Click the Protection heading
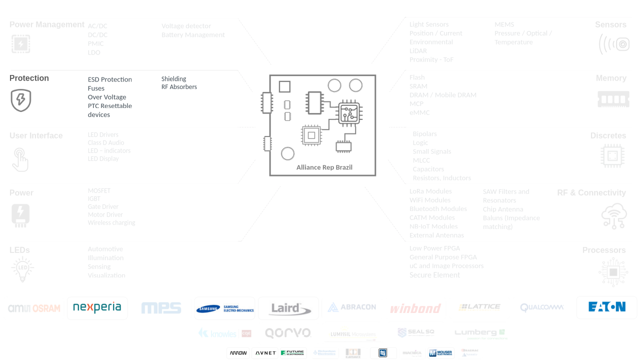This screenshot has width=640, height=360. coord(29,78)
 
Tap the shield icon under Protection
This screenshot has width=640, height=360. coord(21,100)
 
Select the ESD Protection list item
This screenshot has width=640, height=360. coord(109,79)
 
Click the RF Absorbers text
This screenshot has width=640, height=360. coord(179,87)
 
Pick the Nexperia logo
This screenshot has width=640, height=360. coord(97,307)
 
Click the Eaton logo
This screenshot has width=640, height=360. coord(606,307)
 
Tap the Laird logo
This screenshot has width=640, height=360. coord(288,308)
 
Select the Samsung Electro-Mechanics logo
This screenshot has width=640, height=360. coord(224,308)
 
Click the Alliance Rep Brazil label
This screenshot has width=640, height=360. coord(324,167)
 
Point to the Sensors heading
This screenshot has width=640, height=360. coord(610,24)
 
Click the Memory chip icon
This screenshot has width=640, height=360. coord(613,99)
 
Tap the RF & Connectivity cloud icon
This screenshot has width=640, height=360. coord(614,216)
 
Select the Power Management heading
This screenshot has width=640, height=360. coord(47,24)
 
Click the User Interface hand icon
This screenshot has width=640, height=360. coord(20,159)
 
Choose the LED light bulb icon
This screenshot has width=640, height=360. coord(22,269)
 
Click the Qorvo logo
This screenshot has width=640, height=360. coord(287,333)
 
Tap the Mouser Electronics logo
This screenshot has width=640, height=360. coord(440,353)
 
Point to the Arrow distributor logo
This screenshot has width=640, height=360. coord(238,353)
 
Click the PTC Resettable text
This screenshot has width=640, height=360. coord(109,106)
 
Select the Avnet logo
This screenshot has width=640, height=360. coord(265,353)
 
